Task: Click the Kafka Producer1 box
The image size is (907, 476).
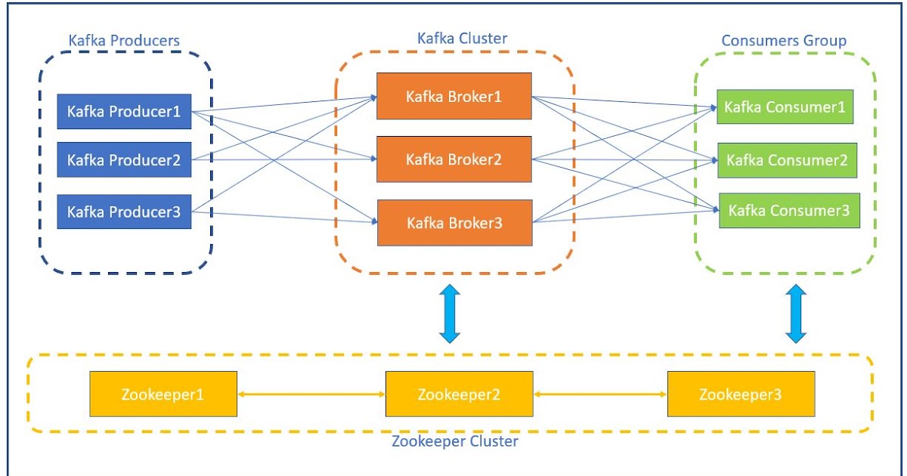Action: [124, 112]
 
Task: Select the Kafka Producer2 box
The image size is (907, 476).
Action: [124, 159]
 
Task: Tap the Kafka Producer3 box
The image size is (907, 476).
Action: [124, 212]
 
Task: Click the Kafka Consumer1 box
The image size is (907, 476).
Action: [785, 107]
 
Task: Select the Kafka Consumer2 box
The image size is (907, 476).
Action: [787, 160]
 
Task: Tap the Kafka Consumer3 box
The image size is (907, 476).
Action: [789, 210]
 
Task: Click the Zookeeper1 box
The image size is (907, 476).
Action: [163, 394]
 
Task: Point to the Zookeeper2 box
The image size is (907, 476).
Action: [459, 394]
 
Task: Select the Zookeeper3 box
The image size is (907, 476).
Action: [741, 394]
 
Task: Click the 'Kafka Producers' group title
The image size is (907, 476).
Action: [124, 39]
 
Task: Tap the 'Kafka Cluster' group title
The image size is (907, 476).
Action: [462, 38]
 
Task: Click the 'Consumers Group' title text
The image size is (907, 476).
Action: [784, 40]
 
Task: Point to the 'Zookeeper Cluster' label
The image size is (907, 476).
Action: [455, 441]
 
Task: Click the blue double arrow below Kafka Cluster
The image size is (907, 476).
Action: [450, 313]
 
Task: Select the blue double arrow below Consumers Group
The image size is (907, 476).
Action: [796, 313]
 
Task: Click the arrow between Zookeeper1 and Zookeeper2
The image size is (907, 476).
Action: [311, 394]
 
